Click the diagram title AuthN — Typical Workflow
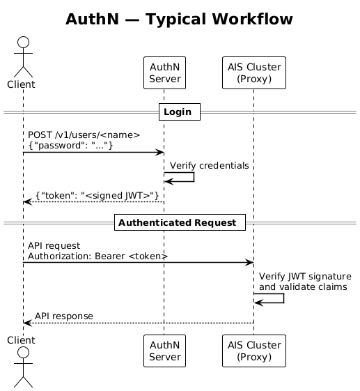click(x=179, y=20)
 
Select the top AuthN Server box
click(x=164, y=72)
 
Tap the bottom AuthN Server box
click(x=164, y=351)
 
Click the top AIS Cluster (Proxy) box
click(x=253, y=72)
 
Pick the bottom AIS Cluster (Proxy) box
click(x=253, y=351)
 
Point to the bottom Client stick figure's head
click(x=22, y=353)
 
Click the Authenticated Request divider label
click(x=180, y=223)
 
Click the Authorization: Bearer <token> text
click(x=98, y=256)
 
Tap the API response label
click(x=64, y=316)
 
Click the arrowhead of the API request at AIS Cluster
click(x=249, y=263)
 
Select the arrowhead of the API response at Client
click(x=27, y=323)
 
